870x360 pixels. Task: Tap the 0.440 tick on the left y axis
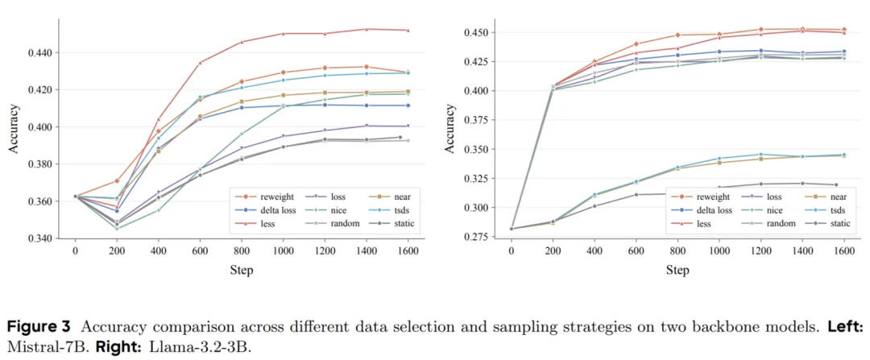click(39, 53)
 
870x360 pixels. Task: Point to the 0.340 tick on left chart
click(39, 238)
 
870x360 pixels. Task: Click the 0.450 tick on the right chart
click(474, 32)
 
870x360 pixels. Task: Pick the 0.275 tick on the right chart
click(474, 237)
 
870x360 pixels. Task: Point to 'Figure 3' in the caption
click(38, 326)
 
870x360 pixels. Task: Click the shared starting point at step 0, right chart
click(511, 229)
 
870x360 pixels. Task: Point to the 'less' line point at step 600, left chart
click(200, 62)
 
